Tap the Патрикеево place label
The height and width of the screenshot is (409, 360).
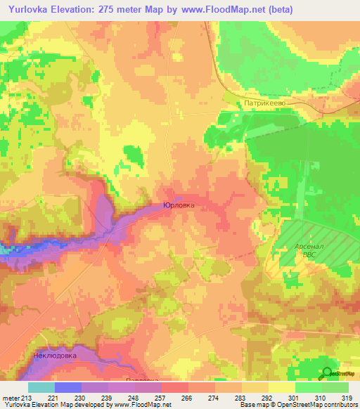click(x=263, y=103)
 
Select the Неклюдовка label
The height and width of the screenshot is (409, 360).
click(x=54, y=356)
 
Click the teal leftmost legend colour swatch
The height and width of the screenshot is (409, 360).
click(x=41, y=387)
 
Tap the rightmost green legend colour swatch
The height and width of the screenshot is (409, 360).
click(x=335, y=387)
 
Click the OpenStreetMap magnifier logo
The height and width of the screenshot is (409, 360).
click(x=327, y=374)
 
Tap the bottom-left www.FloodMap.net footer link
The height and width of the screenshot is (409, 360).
click(x=141, y=405)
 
